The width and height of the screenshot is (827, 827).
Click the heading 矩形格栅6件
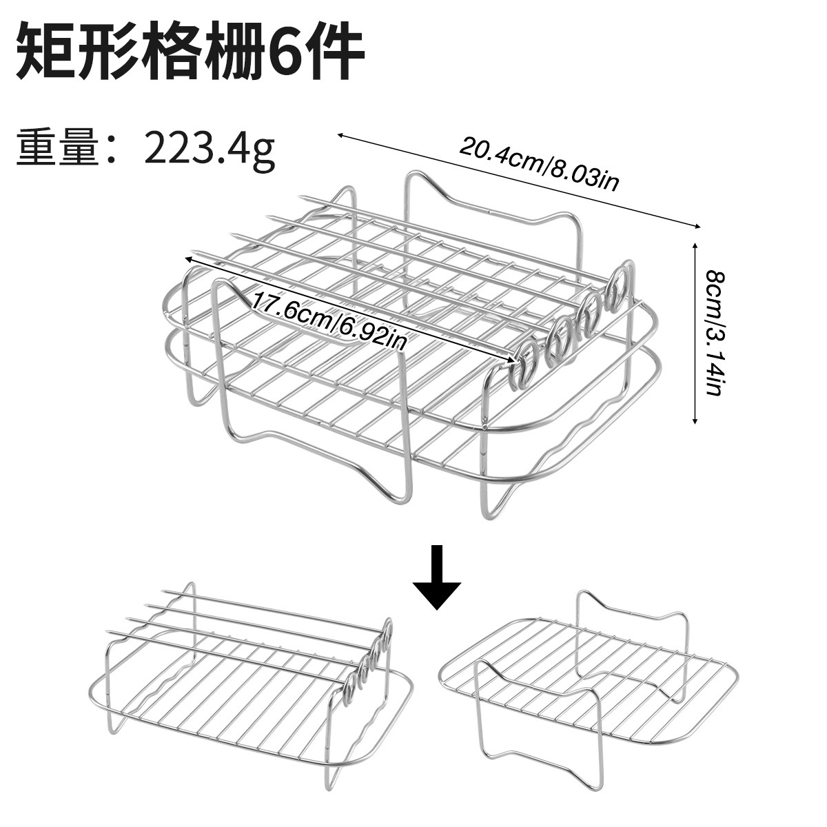pos(190,52)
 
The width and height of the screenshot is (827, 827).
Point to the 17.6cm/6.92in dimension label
pos(329,320)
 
